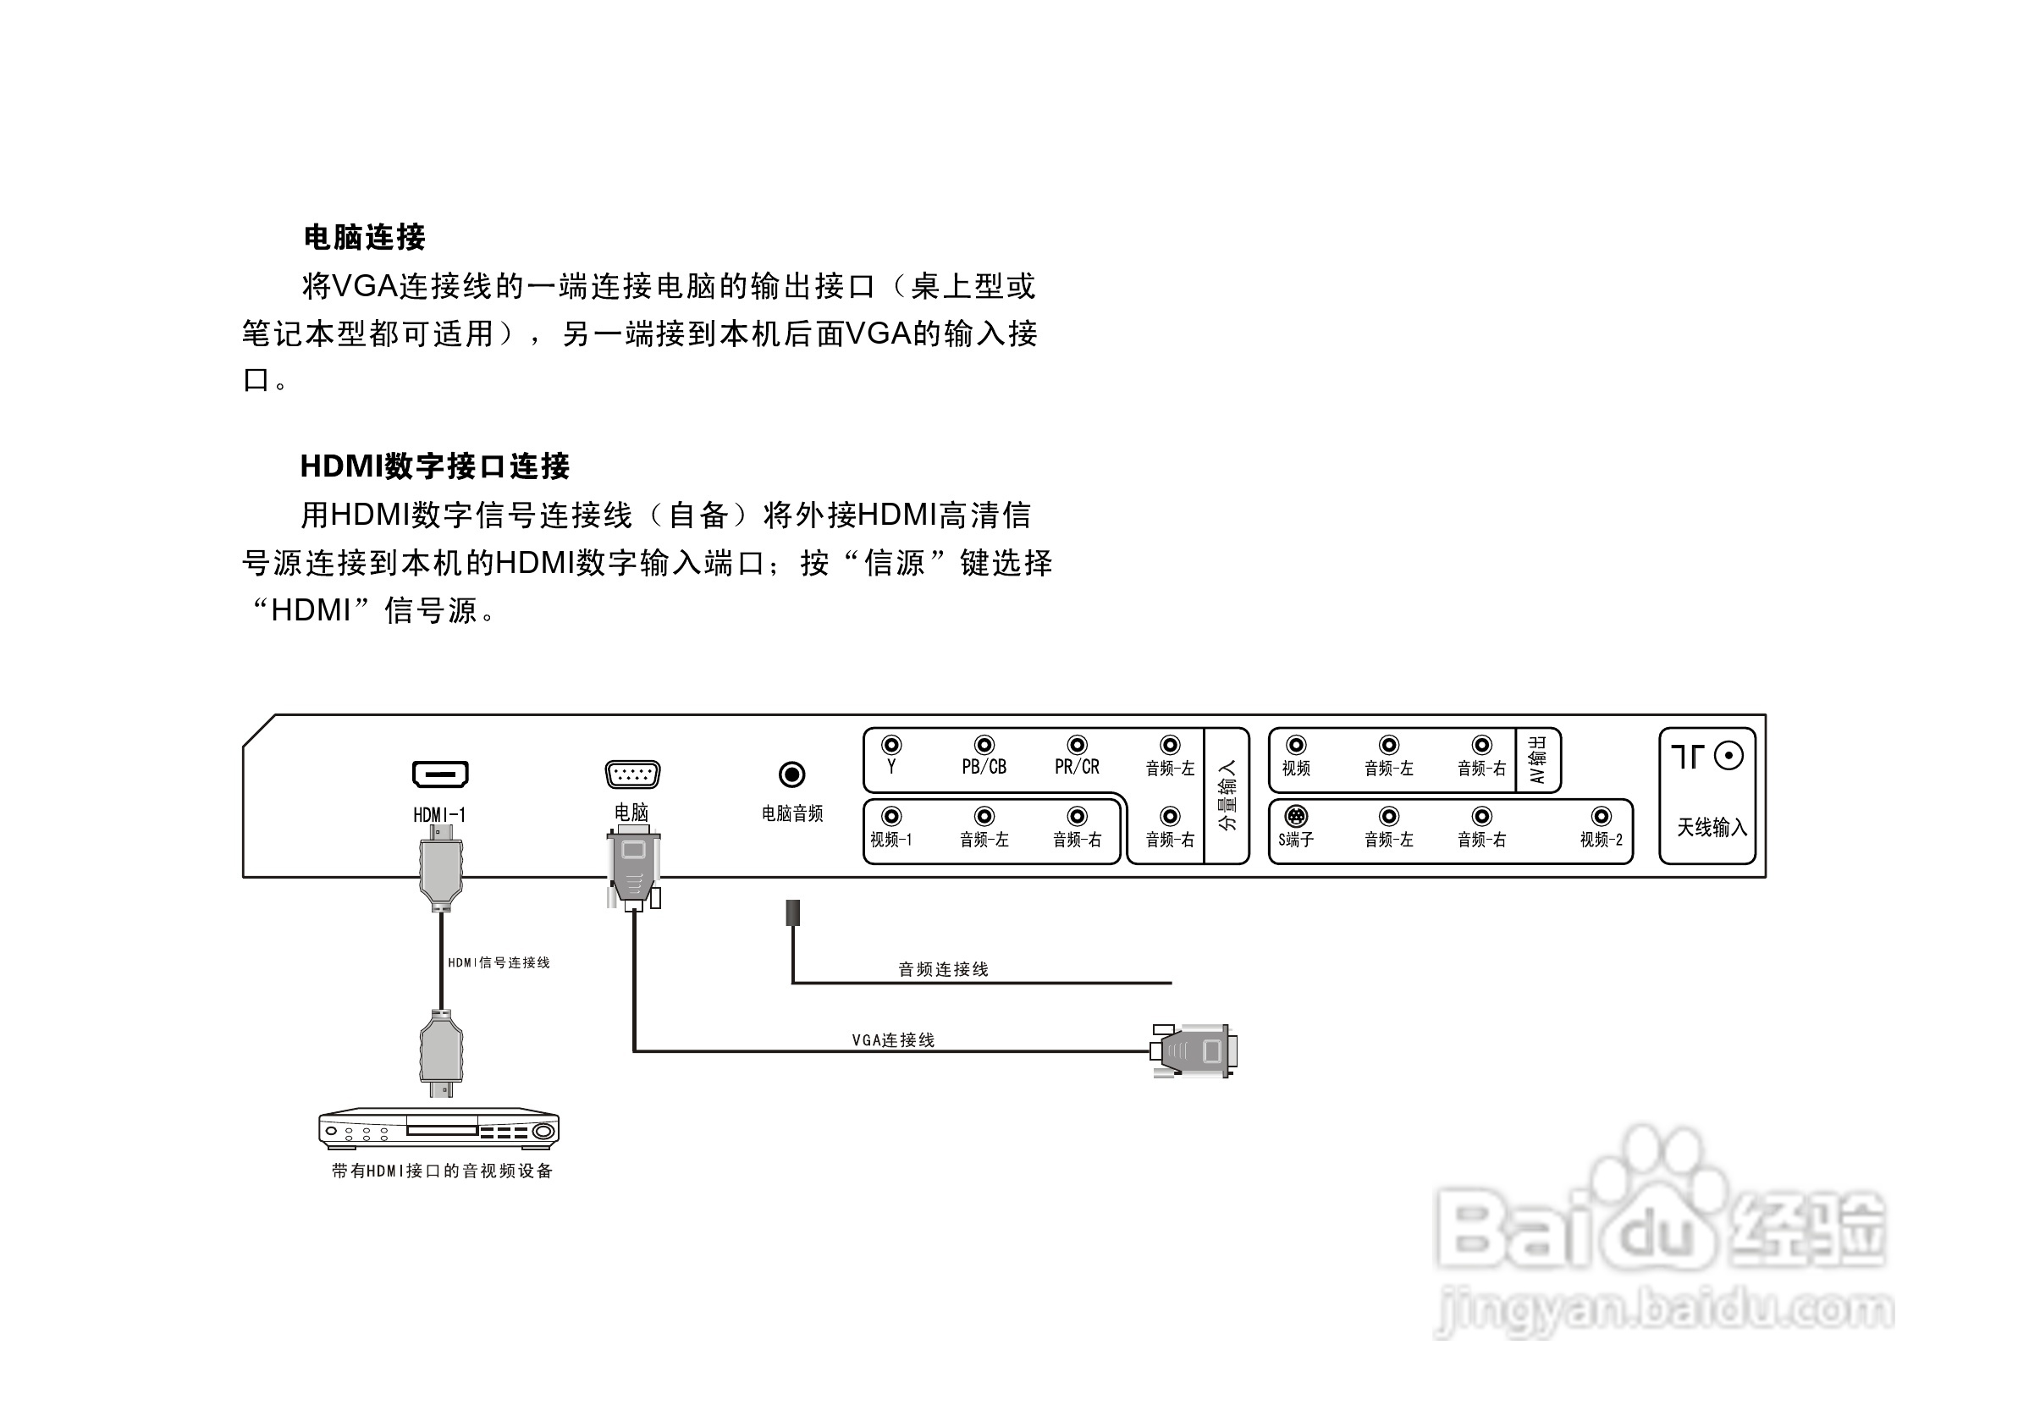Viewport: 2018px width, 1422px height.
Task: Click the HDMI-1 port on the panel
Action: (440, 774)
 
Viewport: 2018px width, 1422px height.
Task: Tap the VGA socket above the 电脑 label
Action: (632, 774)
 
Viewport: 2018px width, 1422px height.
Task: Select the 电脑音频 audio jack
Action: (792, 774)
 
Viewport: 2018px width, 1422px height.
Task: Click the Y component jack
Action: (891, 745)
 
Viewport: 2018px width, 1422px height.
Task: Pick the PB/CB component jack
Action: (984, 745)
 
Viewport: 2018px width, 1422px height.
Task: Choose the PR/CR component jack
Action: (1077, 745)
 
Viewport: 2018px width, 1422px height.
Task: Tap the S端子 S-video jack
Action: (1295, 817)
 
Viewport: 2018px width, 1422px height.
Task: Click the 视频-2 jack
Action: (1602, 817)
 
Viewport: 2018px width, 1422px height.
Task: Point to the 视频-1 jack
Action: (891, 817)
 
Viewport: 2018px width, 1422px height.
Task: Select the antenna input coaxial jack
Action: (1728, 756)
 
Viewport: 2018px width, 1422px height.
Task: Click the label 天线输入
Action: (1712, 827)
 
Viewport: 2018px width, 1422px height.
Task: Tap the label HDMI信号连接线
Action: (499, 962)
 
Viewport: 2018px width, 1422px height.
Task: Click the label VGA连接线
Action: (893, 1039)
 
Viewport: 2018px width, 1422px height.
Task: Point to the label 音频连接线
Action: (943, 968)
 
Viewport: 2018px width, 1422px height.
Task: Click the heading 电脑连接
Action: (364, 237)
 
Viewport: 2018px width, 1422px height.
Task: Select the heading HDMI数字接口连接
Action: (435, 466)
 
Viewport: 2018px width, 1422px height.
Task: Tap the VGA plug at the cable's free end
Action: (1195, 1050)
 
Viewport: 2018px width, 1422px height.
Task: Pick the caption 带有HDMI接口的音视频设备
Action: (442, 1171)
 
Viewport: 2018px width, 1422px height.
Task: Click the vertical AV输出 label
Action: (1537, 759)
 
